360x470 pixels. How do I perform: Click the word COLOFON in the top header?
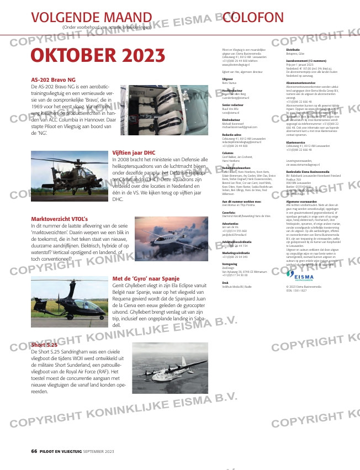coord(253,17)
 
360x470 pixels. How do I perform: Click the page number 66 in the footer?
coord(34,451)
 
